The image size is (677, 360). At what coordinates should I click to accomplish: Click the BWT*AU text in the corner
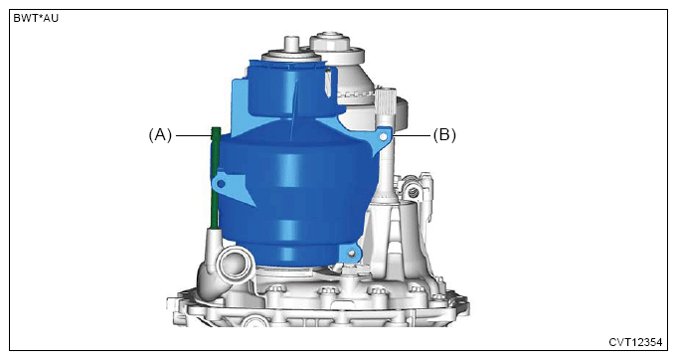(x=36, y=19)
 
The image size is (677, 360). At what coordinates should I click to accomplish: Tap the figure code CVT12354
(x=635, y=342)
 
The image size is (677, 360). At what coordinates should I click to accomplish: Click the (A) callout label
(x=160, y=135)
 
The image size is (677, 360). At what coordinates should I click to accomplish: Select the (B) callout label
(x=444, y=135)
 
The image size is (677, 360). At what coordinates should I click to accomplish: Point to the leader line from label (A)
(x=194, y=136)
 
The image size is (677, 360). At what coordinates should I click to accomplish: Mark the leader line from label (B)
(x=412, y=136)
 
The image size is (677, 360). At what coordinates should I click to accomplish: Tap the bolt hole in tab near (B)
(x=383, y=137)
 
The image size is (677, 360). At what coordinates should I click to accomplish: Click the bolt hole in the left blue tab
(x=221, y=184)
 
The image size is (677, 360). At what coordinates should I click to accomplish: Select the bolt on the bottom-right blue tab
(x=353, y=254)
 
